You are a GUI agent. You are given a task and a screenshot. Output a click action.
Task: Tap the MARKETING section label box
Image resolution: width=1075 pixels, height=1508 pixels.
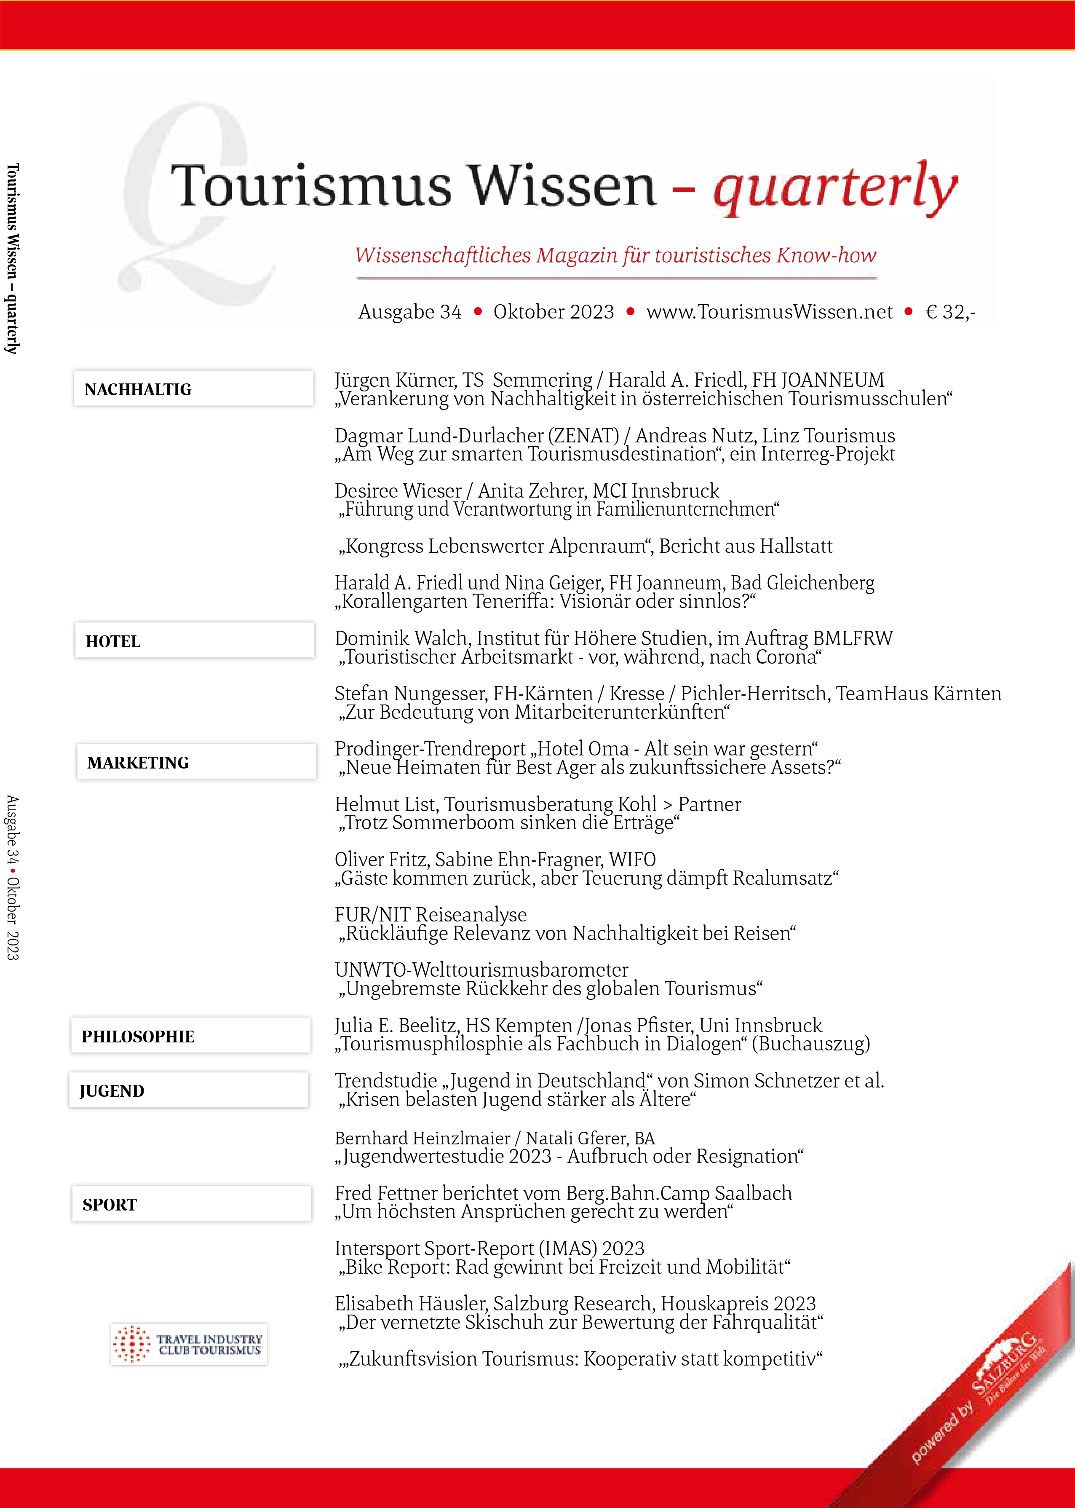196,762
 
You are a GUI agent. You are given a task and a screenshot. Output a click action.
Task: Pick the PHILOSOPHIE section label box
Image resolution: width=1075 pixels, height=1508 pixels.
191,1035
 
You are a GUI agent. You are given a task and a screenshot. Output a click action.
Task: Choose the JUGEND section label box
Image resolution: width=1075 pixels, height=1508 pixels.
189,1090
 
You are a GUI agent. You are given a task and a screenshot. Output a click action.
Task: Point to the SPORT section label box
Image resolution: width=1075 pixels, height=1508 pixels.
191,1203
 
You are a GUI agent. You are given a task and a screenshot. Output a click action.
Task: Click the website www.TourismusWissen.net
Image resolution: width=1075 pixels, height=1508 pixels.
769,312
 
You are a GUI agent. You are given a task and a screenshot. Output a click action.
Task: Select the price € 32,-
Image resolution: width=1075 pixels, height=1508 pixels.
950,312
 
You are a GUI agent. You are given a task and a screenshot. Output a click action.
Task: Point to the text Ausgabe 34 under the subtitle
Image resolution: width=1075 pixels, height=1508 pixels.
410,312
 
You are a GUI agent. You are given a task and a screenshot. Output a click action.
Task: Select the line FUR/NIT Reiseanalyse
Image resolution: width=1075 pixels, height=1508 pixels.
431,914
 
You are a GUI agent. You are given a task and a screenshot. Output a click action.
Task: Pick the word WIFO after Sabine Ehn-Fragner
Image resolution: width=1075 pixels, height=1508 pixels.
632,859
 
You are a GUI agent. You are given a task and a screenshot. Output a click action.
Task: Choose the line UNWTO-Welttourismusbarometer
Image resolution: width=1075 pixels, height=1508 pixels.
481,970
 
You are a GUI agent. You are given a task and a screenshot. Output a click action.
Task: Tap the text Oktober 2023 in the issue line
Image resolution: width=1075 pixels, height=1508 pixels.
554,312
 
